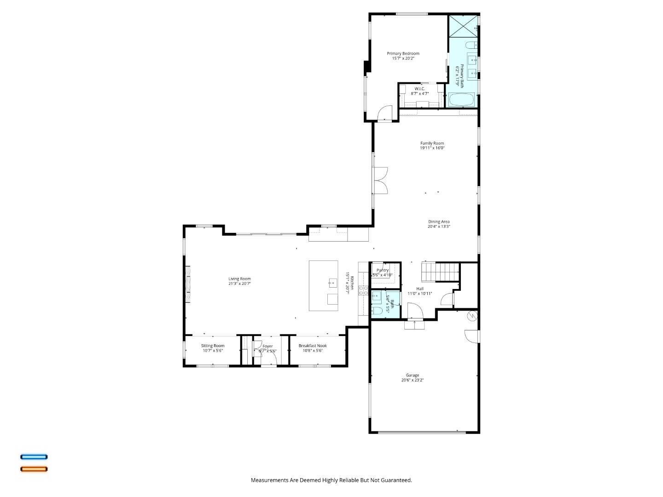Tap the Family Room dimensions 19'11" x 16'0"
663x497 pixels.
(432, 148)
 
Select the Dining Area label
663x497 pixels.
(438, 221)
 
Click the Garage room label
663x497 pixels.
(412, 375)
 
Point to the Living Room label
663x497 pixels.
(239, 278)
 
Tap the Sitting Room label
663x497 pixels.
(213, 346)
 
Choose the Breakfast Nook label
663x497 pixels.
(313, 346)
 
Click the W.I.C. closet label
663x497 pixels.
(419, 88)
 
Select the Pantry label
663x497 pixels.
(383, 270)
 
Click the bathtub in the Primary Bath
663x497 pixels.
(462, 100)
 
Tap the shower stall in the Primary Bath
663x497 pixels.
(463, 26)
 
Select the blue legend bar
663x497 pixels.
(34, 457)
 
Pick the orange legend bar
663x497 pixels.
(34, 469)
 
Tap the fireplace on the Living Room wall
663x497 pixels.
(187, 284)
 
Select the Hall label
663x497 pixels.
(419, 289)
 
